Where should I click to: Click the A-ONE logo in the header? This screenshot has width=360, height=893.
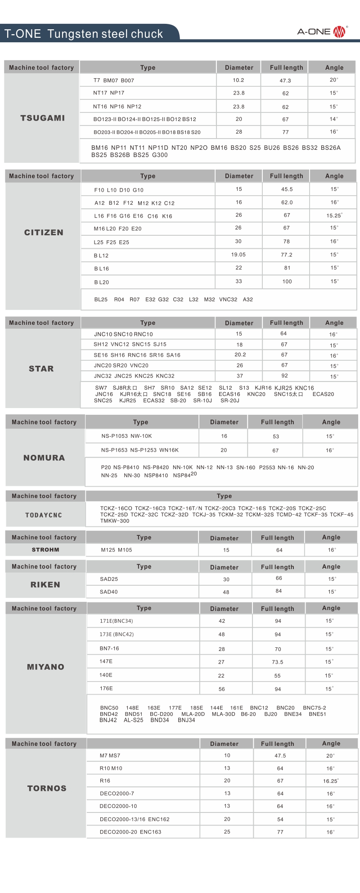point(321,31)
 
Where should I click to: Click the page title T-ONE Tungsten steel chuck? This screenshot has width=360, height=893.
point(84,34)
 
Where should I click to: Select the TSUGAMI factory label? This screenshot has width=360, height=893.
point(42,118)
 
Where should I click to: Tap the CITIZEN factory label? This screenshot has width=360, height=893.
point(44,233)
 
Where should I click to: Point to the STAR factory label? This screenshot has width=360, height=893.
point(41,368)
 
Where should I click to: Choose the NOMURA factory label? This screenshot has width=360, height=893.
point(44,458)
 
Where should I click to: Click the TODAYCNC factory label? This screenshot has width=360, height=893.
point(44,515)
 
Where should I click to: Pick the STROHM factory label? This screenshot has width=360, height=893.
point(45,550)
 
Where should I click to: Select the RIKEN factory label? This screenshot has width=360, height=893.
point(45,584)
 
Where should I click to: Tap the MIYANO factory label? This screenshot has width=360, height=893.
point(45,667)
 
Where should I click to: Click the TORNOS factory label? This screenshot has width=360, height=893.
point(47,788)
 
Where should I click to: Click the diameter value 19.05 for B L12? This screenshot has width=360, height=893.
point(238,255)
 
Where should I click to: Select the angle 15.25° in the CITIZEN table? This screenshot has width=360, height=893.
point(334,215)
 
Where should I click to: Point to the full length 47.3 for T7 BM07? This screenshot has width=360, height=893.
point(285,81)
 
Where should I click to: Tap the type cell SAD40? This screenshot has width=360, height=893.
point(109,592)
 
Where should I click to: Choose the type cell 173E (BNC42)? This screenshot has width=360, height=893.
point(117,634)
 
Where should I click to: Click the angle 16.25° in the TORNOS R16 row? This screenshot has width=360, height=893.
point(330,781)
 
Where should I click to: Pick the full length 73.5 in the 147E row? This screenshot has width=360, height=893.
point(278,662)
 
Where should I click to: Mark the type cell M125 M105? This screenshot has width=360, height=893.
point(117,550)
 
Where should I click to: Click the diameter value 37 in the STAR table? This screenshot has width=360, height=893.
point(240,376)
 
